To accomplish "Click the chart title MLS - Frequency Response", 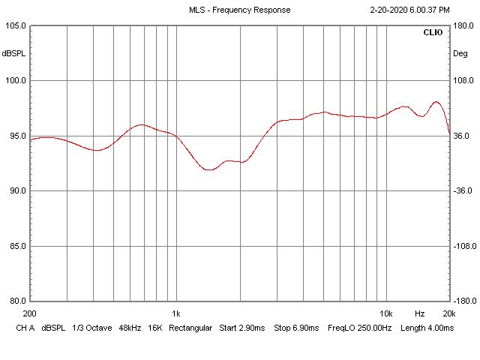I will click(x=240, y=10).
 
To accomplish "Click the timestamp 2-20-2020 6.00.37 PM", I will click(x=410, y=10).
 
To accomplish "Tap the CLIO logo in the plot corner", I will click(x=433, y=33).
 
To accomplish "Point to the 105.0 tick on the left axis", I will click(x=15, y=25).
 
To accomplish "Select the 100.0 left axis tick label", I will click(x=15, y=81).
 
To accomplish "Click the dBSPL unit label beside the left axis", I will click(x=13, y=53).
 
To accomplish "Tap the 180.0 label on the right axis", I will click(x=463, y=25).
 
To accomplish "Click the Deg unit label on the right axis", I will click(x=460, y=53).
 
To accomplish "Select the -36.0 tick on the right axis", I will click(x=463, y=191).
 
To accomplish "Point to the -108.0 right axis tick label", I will click(x=464, y=246).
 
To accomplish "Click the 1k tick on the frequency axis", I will click(x=175, y=313).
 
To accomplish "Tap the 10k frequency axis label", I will click(x=386, y=313).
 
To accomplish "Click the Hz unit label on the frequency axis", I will click(x=420, y=313).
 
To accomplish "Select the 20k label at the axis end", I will click(x=449, y=313).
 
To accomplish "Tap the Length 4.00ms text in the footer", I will click(x=427, y=328).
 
